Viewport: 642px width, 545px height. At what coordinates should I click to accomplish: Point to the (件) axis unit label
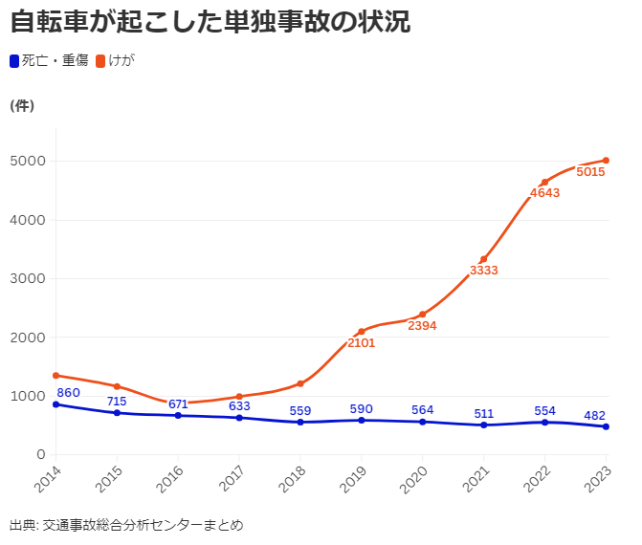(22, 106)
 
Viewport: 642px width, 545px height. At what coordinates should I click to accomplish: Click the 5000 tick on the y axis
(28, 161)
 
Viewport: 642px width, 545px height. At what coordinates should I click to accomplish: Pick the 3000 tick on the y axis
(28, 278)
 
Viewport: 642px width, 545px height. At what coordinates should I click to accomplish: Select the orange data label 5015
(591, 173)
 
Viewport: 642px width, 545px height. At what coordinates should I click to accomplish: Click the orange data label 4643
(544, 193)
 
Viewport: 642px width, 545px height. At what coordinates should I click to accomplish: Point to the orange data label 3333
(483, 271)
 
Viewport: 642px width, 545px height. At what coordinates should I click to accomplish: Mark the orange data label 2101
(361, 343)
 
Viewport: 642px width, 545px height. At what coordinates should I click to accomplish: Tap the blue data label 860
(69, 393)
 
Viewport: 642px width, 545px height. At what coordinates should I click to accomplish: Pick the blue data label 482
(595, 416)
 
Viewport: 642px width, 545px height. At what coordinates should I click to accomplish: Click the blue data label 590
(361, 409)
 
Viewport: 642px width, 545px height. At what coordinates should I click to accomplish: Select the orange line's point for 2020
(423, 315)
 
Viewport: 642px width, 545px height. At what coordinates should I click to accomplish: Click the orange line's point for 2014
(55, 375)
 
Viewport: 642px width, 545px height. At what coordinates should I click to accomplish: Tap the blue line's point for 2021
(484, 425)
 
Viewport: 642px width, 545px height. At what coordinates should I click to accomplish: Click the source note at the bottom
(126, 525)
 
